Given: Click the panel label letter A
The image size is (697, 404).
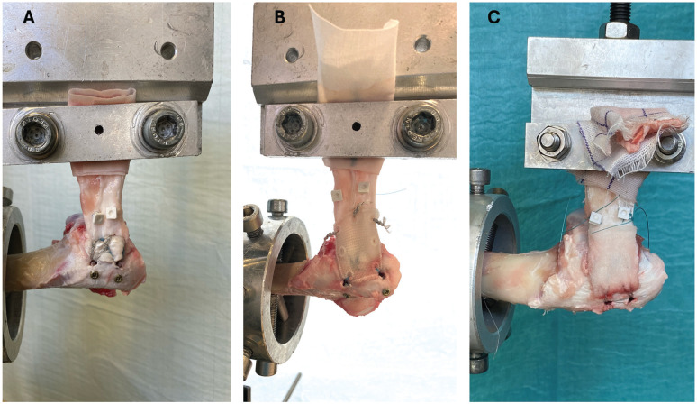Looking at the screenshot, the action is [29, 17].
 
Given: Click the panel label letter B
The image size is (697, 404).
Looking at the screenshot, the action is [279, 17].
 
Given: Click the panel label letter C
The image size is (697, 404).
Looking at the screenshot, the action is [493, 17].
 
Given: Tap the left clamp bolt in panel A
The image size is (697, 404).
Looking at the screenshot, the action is [36, 133].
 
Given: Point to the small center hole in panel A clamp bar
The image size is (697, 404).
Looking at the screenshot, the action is [99, 131].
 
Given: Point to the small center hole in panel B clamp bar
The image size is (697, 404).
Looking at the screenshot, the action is [356, 126].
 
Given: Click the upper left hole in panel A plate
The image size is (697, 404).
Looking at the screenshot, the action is [34, 50].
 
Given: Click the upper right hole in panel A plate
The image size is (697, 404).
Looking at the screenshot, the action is [168, 50].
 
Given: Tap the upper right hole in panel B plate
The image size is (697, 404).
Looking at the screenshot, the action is [422, 44].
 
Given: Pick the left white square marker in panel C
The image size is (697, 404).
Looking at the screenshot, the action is [594, 218].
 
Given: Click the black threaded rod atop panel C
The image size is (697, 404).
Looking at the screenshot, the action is [620, 12].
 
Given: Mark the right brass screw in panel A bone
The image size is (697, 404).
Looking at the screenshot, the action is [118, 279].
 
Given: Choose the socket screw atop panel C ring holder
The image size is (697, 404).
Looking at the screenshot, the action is [478, 180].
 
